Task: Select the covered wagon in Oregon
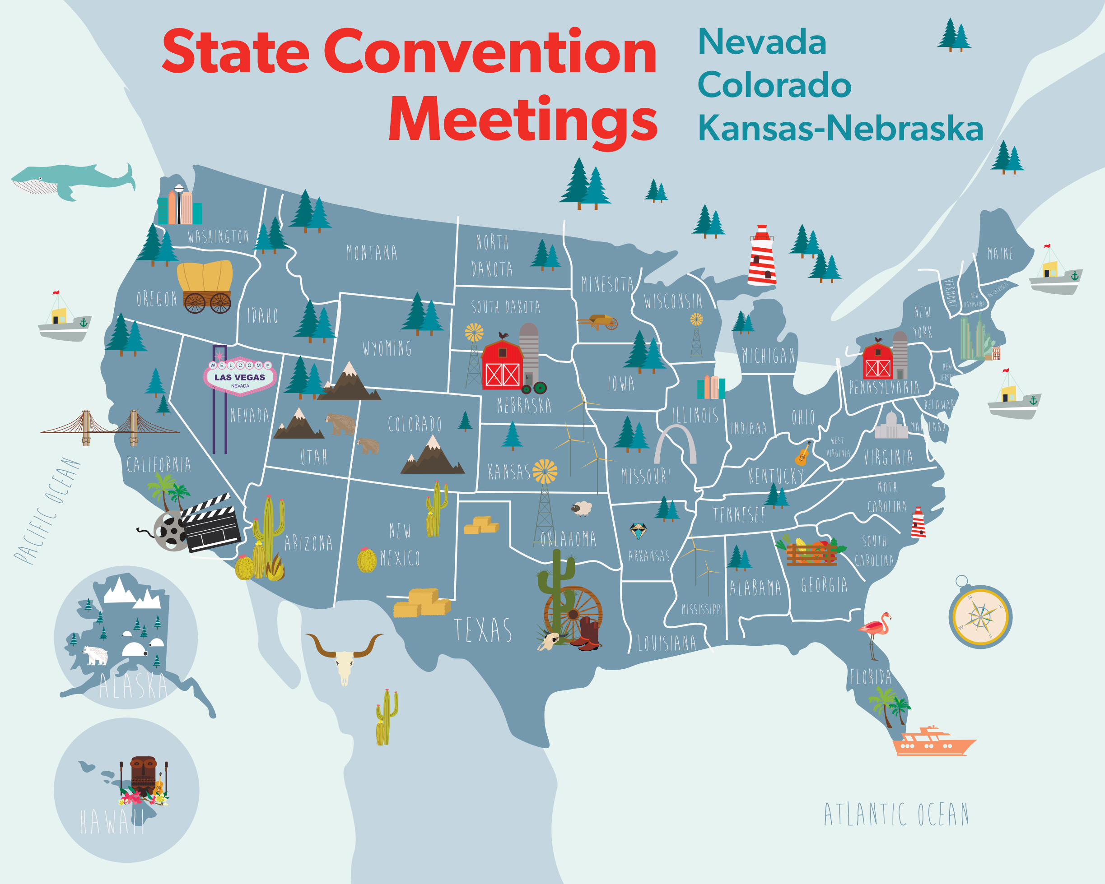coord(205,287)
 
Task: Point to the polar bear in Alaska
coord(96,655)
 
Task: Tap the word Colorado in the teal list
coord(774,84)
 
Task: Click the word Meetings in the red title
coord(523,120)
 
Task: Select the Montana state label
coord(372,253)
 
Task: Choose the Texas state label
coord(483,630)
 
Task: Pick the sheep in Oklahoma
coord(582,509)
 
